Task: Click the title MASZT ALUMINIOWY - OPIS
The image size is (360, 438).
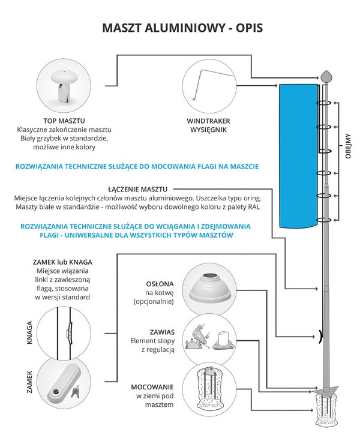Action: (x=180, y=28)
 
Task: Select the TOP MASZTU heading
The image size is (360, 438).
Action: (x=62, y=119)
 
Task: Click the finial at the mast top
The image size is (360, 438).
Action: (x=326, y=76)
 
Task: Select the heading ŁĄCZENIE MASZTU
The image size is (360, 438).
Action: (x=138, y=188)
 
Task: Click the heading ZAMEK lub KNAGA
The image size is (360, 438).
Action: (x=62, y=262)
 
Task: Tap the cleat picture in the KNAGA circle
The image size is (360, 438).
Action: (x=68, y=329)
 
